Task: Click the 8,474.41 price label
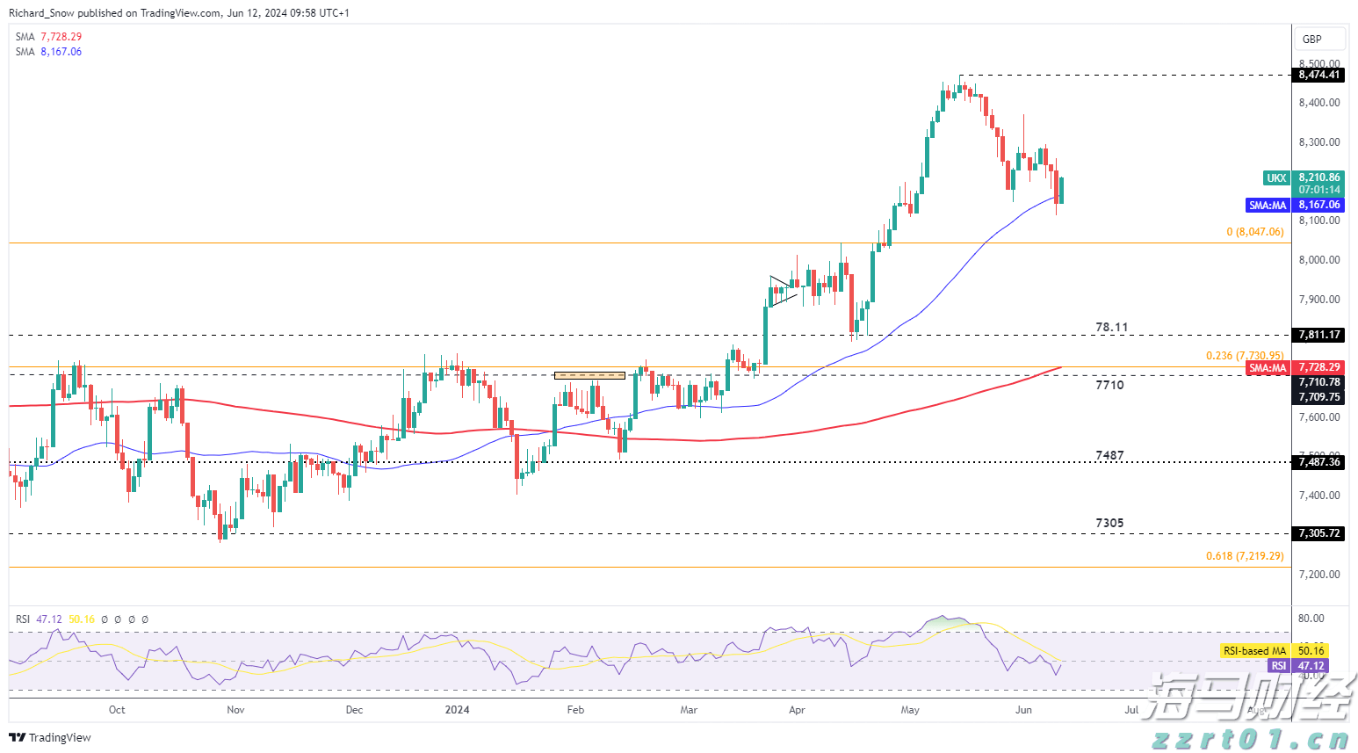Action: pyautogui.click(x=1319, y=75)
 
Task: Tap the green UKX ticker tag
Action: pyautogui.click(x=1276, y=177)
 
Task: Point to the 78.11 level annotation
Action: pyautogui.click(x=1111, y=327)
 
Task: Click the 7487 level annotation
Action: pyautogui.click(x=1109, y=455)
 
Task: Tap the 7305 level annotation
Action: pyautogui.click(x=1109, y=523)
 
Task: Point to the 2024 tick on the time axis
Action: pyautogui.click(x=457, y=710)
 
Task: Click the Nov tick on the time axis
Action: pyautogui.click(x=235, y=710)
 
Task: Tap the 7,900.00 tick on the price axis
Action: pyautogui.click(x=1319, y=300)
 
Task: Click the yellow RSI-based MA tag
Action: pyautogui.click(x=1253, y=651)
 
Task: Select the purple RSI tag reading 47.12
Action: pyautogui.click(x=1279, y=666)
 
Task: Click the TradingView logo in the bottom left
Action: pyautogui.click(x=51, y=737)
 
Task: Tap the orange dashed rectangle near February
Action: pyautogui.click(x=589, y=375)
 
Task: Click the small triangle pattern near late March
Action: pyautogui.click(x=780, y=291)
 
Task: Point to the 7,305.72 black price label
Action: pyautogui.click(x=1319, y=533)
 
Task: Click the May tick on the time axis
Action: pyautogui.click(x=910, y=710)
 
